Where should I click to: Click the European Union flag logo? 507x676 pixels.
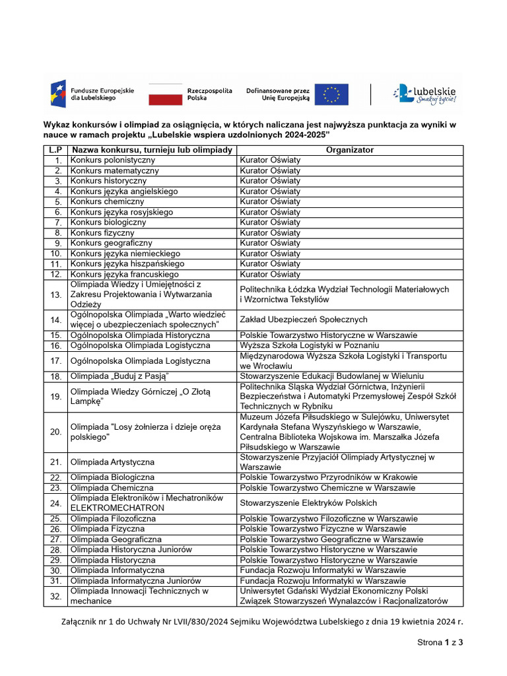[331, 94]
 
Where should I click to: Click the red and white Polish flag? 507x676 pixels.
[165, 94]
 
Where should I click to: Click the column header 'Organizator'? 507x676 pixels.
[349, 150]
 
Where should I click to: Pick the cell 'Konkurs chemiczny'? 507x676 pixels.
[107, 201]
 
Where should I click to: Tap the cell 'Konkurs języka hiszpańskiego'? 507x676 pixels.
[127, 263]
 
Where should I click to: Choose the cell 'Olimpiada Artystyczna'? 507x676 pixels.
[112, 461]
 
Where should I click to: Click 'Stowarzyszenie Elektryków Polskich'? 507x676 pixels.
[308, 503]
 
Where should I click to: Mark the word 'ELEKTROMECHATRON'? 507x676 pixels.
[118, 509]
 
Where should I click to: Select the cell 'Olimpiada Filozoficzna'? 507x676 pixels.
[113, 519]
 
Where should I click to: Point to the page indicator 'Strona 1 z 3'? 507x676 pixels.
[440, 642]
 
